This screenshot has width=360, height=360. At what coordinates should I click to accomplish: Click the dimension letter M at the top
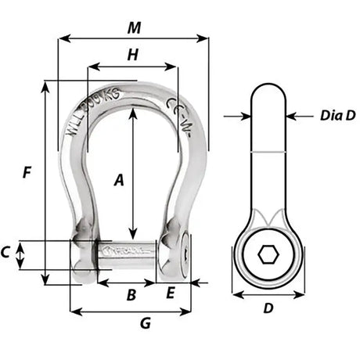pos(134,27)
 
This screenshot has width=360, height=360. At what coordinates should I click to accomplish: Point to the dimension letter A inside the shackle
pos(120,180)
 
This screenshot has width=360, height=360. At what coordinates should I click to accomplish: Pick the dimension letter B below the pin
pos(131,294)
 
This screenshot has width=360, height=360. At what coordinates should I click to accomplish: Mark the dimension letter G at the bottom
pos(146,322)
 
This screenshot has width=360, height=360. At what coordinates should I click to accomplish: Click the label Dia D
pos(337,116)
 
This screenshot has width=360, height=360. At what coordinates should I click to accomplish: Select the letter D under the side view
pos(268,308)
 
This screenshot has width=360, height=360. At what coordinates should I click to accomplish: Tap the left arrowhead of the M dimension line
pos(63,37)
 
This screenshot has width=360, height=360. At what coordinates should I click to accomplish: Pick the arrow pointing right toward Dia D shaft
pos(243,117)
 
